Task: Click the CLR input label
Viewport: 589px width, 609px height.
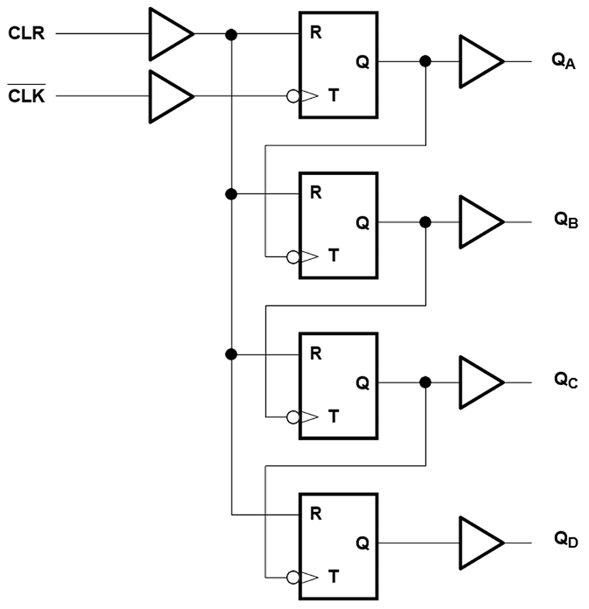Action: coord(26,32)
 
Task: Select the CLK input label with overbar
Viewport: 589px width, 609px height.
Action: coord(26,96)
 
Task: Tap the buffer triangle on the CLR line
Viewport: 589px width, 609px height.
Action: coord(169,33)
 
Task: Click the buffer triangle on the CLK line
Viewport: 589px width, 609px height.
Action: coord(169,97)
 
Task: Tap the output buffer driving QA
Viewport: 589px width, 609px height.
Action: coord(479,62)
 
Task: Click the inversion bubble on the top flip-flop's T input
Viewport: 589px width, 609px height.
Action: coord(293,97)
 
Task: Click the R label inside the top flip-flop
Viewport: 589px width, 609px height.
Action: coord(315,32)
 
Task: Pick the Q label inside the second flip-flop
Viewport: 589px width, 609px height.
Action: coord(362,223)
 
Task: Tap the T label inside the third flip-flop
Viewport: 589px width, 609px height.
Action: coord(333,418)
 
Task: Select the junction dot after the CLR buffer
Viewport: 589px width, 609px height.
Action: coord(231,34)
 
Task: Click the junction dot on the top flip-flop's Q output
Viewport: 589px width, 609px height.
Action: coord(425,62)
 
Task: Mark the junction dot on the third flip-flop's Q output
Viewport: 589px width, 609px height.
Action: coord(425,382)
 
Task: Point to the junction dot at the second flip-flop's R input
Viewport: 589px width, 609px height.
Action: coord(231,194)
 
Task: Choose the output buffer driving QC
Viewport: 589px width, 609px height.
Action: coord(479,382)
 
